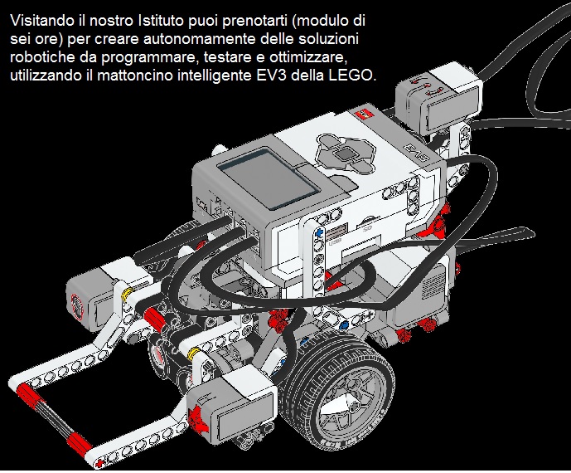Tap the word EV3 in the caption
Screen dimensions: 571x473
(x=269, y=76)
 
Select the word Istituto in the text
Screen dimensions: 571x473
(x=161, y=21)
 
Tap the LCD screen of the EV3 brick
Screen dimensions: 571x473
(x=269, y=178)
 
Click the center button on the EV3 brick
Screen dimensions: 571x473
(x=344, y=155)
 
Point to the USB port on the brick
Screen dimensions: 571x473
(x=335, y=232)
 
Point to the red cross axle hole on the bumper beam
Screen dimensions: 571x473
(x=99, y=463)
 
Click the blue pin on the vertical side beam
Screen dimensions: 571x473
(x=320, y=232)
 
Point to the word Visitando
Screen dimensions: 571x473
(x=42, y=21)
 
